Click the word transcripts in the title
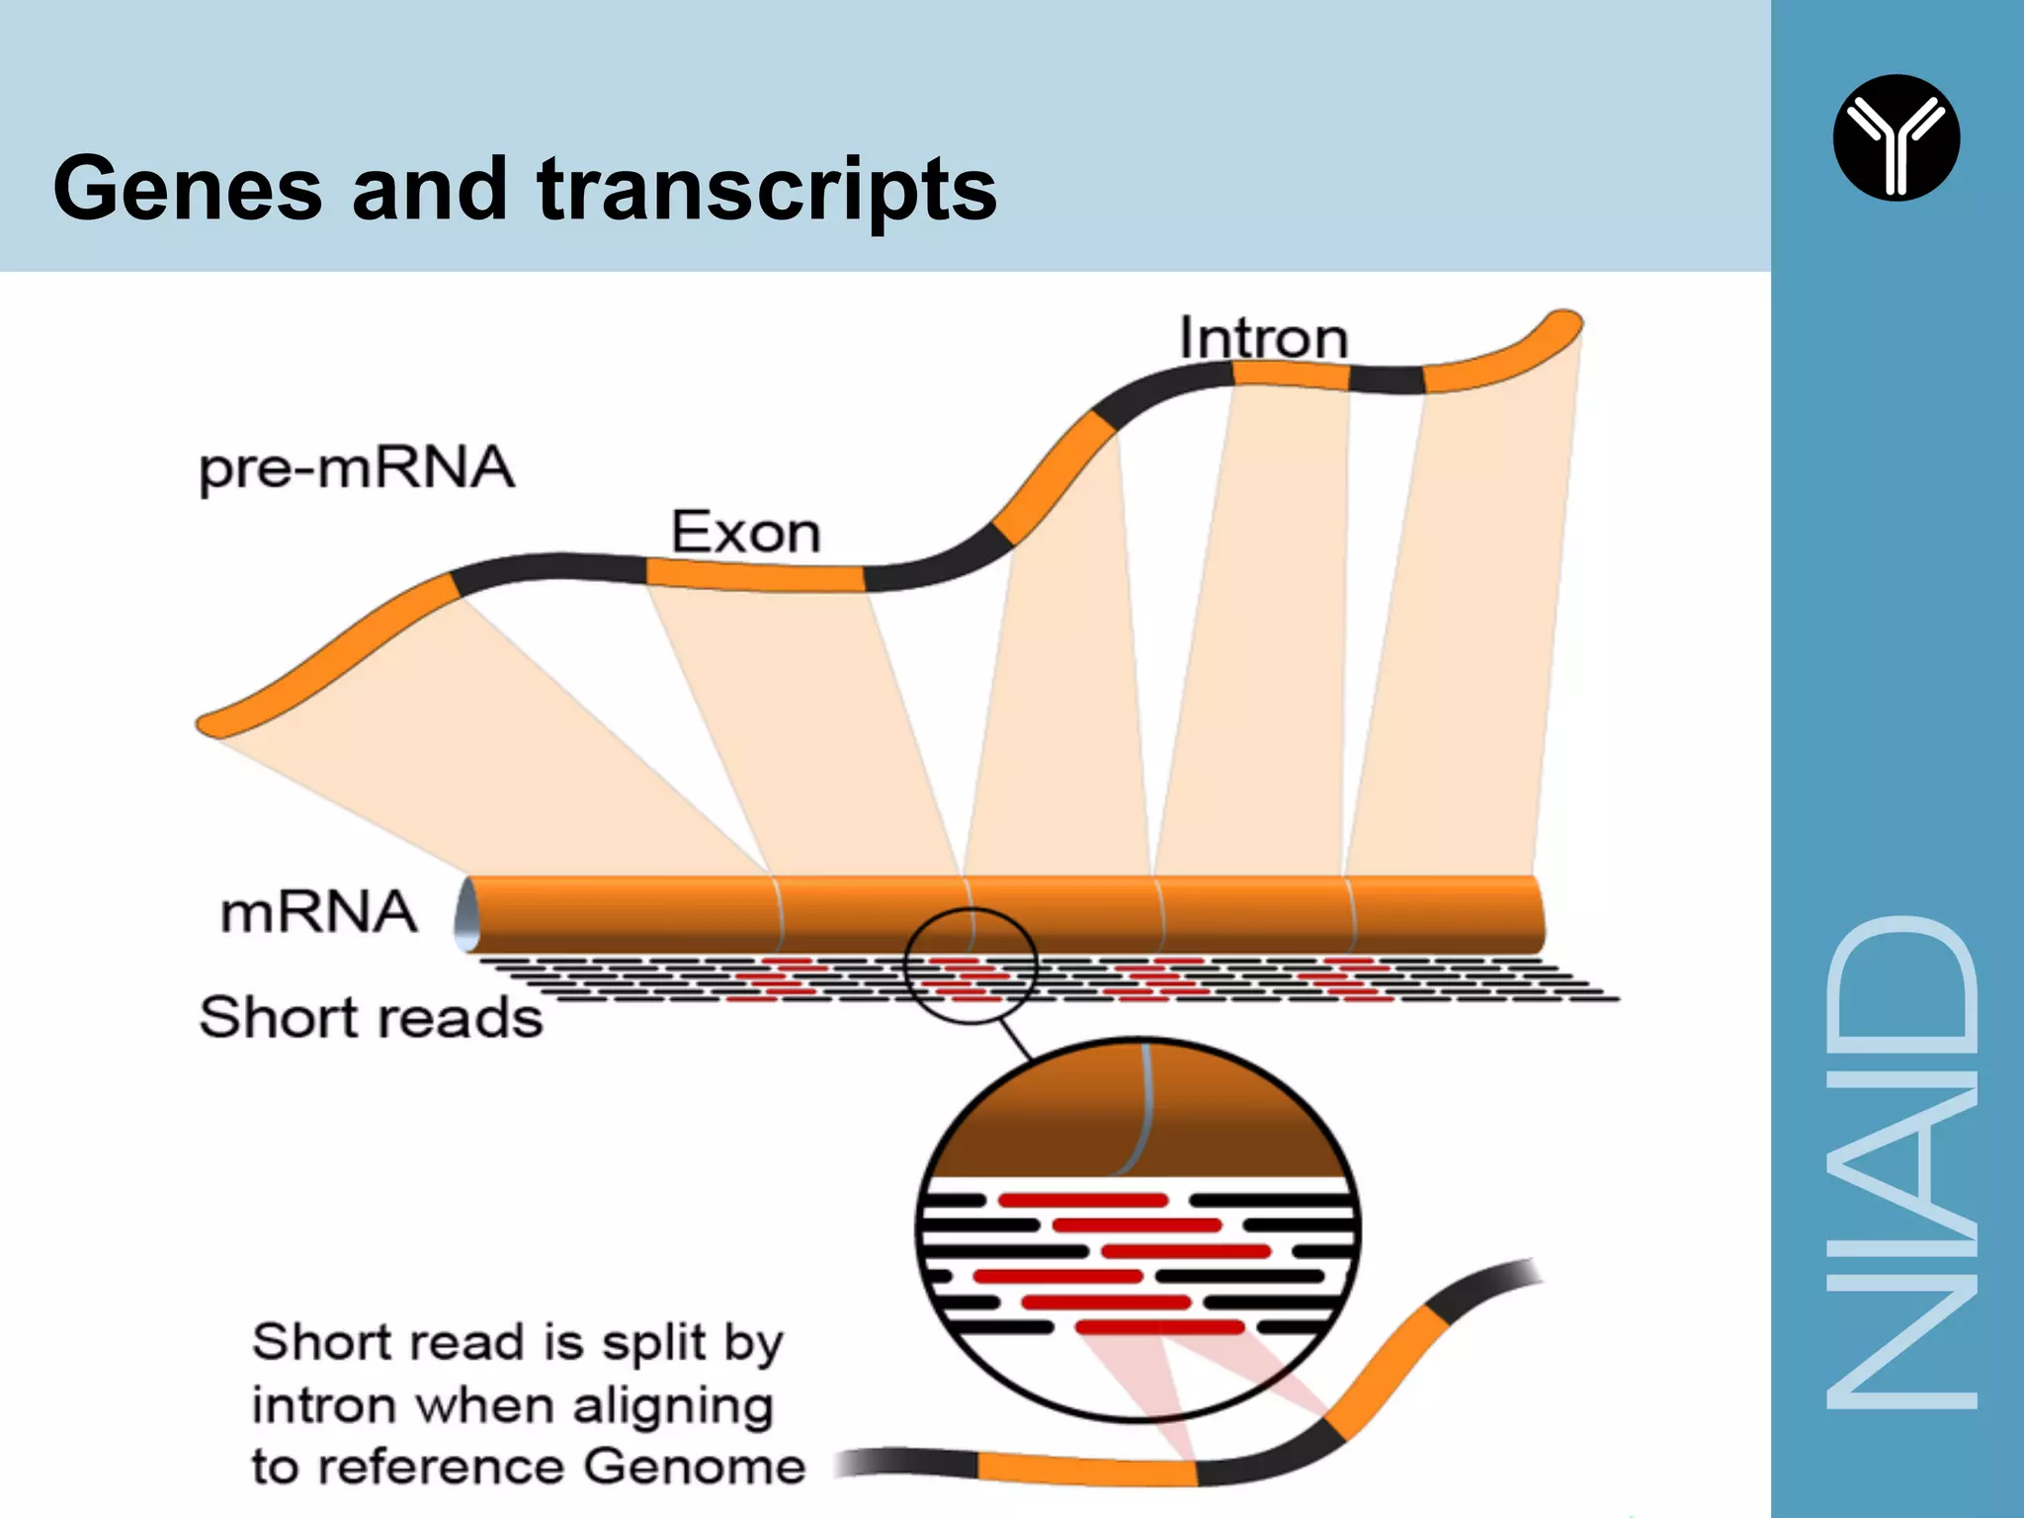(767, 190)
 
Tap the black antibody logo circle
(1896, 137)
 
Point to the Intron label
(1263, 338)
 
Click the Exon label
(746, 533)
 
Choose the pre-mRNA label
(357, 467)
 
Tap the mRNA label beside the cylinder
(318, 911)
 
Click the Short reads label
(371, 1017)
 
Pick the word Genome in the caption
(694, 1466)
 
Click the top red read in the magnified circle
(1083, 1201)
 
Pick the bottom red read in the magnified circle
(1159, 1326)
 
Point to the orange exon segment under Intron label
(1291, 375)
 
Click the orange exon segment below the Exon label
(756, 576)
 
